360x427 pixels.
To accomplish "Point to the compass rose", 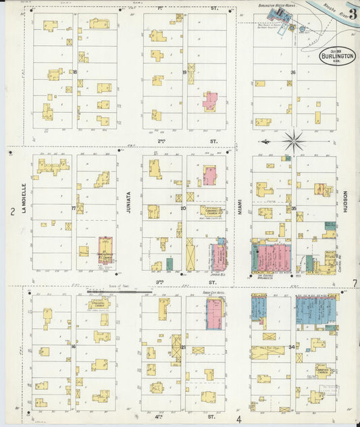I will (293, 141).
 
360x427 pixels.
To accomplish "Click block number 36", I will (293, 72).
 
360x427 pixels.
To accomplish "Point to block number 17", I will (74, 208).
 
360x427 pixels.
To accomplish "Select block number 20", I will (183, 208).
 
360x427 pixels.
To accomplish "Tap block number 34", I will (292, 347).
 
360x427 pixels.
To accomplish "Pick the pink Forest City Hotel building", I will (214, 314).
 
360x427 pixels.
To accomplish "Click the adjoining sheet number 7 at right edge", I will (355, 283).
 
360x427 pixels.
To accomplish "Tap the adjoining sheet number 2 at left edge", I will (13, 212).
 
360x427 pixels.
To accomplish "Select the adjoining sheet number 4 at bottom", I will (238, 420).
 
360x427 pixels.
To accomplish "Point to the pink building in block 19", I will (210, 101).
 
